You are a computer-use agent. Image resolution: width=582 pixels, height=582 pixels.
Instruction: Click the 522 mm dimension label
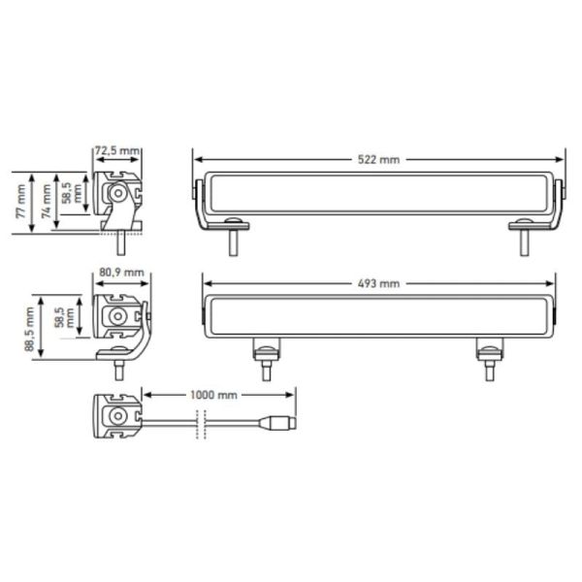point(379,159)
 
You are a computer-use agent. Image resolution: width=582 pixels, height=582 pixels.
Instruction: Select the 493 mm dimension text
point(379,283)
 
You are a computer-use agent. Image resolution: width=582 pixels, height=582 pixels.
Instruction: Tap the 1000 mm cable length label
point(215,395)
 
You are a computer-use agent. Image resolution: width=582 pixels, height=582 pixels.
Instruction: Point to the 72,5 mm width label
point(117,150)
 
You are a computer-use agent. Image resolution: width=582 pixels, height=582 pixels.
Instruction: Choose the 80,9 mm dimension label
point(122,273)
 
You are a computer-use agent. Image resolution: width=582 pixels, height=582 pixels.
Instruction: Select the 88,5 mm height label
point(31,327)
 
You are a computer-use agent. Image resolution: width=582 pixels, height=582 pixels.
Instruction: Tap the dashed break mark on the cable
point(201,423)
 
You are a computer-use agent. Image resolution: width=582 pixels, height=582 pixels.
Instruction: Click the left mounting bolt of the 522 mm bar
point(234,240)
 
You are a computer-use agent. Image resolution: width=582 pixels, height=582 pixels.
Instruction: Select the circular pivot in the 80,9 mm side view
point(117,317)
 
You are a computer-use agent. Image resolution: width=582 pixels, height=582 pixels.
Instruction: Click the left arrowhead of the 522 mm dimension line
point(197,159)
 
